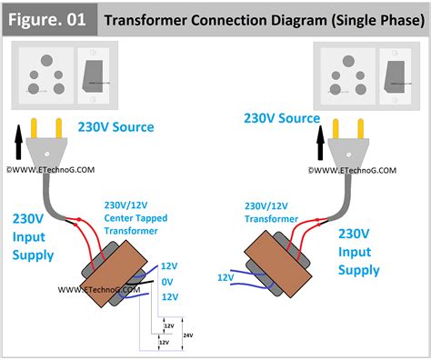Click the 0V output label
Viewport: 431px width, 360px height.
point(168,282)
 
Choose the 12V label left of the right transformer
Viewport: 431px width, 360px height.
point(227,276)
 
